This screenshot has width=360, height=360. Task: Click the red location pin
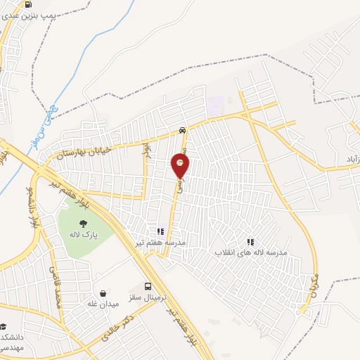181,166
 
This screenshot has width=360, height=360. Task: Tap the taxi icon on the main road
183,130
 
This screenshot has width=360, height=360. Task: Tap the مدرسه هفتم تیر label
161,242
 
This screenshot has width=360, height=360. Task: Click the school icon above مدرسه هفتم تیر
161,231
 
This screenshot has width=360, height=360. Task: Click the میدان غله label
103,303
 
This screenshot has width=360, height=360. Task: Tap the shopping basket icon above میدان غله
103,292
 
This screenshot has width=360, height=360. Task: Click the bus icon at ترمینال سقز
148,286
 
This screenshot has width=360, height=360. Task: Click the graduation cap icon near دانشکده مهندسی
4,327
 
